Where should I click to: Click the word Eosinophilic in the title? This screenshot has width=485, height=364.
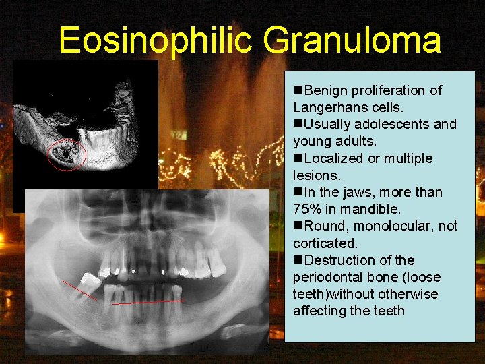point(156,40)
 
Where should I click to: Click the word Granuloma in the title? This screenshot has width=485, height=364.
point(352,40)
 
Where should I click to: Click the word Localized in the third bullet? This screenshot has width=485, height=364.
point(332,158)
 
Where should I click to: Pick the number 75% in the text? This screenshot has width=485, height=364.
point(309,209)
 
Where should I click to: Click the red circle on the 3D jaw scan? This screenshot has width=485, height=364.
point(67,154)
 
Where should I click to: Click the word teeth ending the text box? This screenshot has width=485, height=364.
point(389,311)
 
